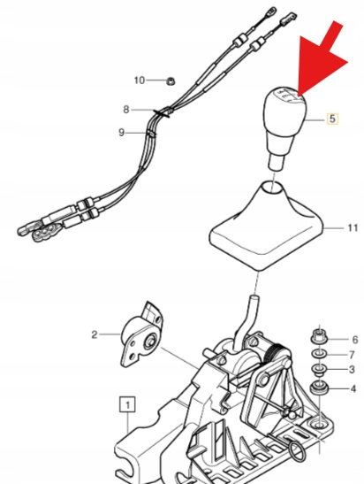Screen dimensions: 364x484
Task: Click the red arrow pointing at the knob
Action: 321,58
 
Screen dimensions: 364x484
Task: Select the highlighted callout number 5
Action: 332,119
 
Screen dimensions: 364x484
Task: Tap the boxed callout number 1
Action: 127,404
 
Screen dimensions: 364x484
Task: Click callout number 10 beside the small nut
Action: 140,81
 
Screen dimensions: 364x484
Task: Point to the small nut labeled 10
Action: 170,81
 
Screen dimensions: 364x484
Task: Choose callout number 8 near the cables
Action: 126,110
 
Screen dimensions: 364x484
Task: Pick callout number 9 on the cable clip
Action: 121,133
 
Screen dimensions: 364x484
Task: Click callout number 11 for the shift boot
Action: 353,227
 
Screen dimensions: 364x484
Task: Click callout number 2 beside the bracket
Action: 95,334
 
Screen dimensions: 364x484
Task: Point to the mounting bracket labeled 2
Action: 142,335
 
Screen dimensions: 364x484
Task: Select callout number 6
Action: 355,340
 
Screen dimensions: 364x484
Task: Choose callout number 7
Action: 352,355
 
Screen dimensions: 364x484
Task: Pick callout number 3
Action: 352,370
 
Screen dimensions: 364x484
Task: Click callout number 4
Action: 353,388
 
